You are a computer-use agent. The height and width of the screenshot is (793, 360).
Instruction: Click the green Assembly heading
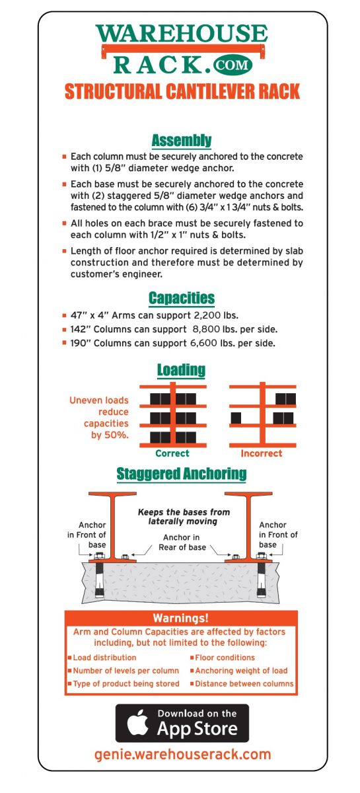point(182,140)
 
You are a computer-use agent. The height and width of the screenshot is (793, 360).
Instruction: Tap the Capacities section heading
point(182,297)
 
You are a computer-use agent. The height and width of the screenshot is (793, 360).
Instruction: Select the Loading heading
point(181,369)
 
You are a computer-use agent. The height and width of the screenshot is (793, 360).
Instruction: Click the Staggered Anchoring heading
point(182,474)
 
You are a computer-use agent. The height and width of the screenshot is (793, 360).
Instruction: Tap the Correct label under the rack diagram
point(172,453)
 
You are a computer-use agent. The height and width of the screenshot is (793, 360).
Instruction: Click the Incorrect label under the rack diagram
point(261,453)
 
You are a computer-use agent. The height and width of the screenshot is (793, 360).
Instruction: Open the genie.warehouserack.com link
point(182,754)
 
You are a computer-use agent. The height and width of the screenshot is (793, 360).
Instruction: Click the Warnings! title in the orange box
point(181,619)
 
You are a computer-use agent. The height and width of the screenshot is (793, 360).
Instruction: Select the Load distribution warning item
point(104,658)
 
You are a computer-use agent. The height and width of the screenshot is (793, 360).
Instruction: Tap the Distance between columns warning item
point(244,683)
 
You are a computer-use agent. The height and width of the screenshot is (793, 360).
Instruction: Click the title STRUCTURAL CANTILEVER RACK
point(182,91)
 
